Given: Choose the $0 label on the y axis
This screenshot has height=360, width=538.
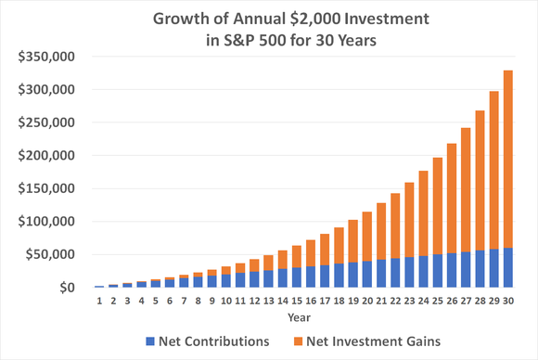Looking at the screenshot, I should click(69, 288).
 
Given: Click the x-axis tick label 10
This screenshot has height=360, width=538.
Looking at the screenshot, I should click(226, 300).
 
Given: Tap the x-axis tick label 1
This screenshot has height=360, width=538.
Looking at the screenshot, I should click(99, 300).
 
